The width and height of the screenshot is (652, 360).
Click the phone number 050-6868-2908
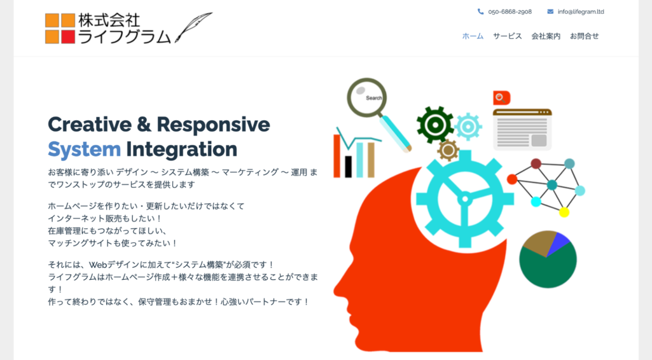pos(510,11)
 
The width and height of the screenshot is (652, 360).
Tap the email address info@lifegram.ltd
pos(581,11)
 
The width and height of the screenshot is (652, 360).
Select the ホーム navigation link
pos(473,36)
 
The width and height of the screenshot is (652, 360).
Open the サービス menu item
pos(507,36)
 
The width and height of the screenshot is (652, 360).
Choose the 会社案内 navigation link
pos(546,36)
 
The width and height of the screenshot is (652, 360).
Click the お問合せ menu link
pos(584,36)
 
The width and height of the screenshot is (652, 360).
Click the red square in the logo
pos(68,37)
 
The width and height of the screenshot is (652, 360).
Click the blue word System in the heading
pos(84,149)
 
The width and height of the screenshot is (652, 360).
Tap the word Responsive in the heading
pos(213,124)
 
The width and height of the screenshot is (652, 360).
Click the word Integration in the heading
pos(181,149)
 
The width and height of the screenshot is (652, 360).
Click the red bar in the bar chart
pos(338,156)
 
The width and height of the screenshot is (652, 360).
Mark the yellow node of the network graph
pos(564,212)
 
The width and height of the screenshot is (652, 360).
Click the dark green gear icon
pos(435,124)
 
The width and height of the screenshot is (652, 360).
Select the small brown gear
pos(448,150)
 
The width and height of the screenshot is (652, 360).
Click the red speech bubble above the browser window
pos(501,97)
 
